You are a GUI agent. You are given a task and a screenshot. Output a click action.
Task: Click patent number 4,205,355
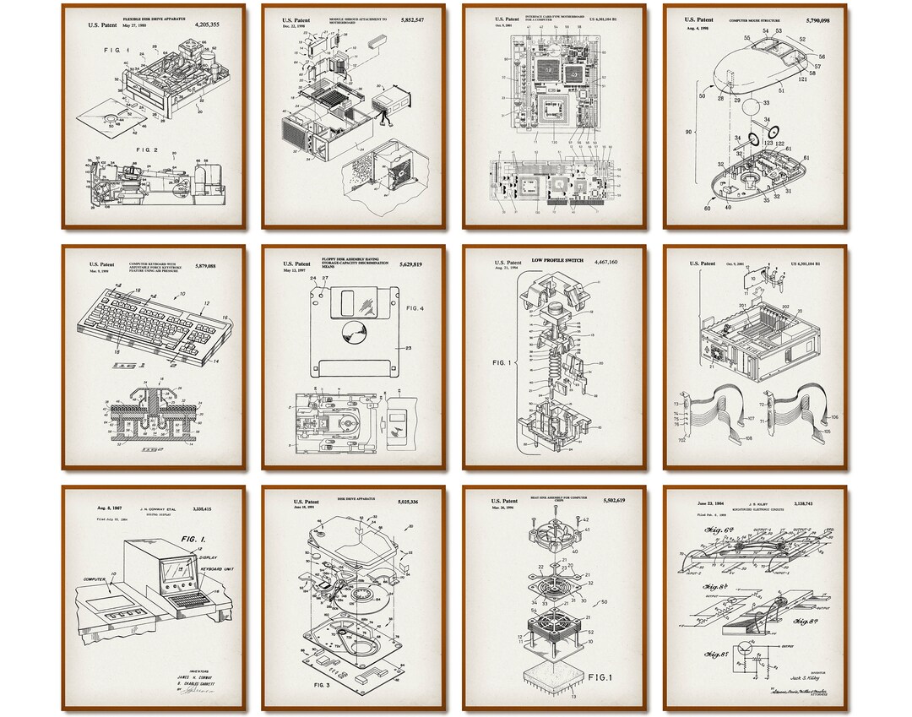click(x=207, y=25)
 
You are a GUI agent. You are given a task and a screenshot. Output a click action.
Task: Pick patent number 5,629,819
click(x=407, y=264)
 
